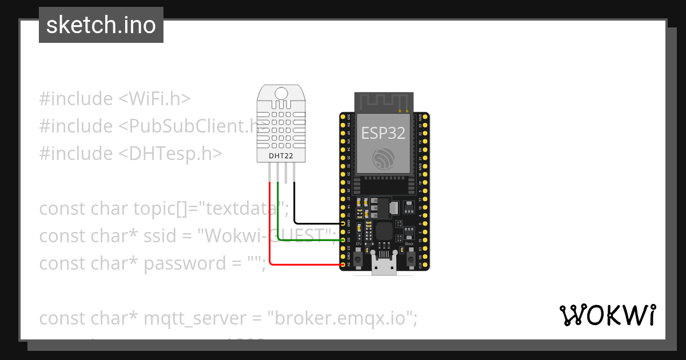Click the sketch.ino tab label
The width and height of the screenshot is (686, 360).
coord(101,25)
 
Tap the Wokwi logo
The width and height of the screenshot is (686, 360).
coord(607,315)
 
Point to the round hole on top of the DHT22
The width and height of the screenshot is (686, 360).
coord(281,93)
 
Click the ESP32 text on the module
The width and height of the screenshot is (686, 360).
coord(384,133)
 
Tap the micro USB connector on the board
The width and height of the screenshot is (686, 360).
coord(384,266)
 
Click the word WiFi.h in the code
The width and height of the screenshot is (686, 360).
coord(154,99)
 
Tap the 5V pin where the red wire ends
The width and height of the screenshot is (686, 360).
coord(342,265)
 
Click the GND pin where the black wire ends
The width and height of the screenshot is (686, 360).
coord(342,223)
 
